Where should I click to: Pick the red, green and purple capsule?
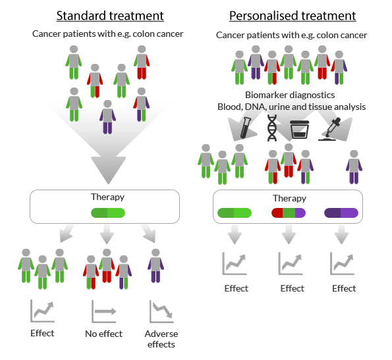(289, 213)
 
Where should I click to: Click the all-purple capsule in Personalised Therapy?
(341, 213)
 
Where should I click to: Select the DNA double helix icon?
(271, 127)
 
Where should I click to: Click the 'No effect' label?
(104, 334)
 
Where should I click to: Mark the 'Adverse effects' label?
(161, 338)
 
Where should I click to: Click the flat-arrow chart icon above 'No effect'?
(103, 310)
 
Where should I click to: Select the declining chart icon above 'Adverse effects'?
(161, 310)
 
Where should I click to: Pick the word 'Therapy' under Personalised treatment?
(289, 198)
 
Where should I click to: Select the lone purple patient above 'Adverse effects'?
(155, 268)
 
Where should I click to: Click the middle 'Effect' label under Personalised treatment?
(292, 288)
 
